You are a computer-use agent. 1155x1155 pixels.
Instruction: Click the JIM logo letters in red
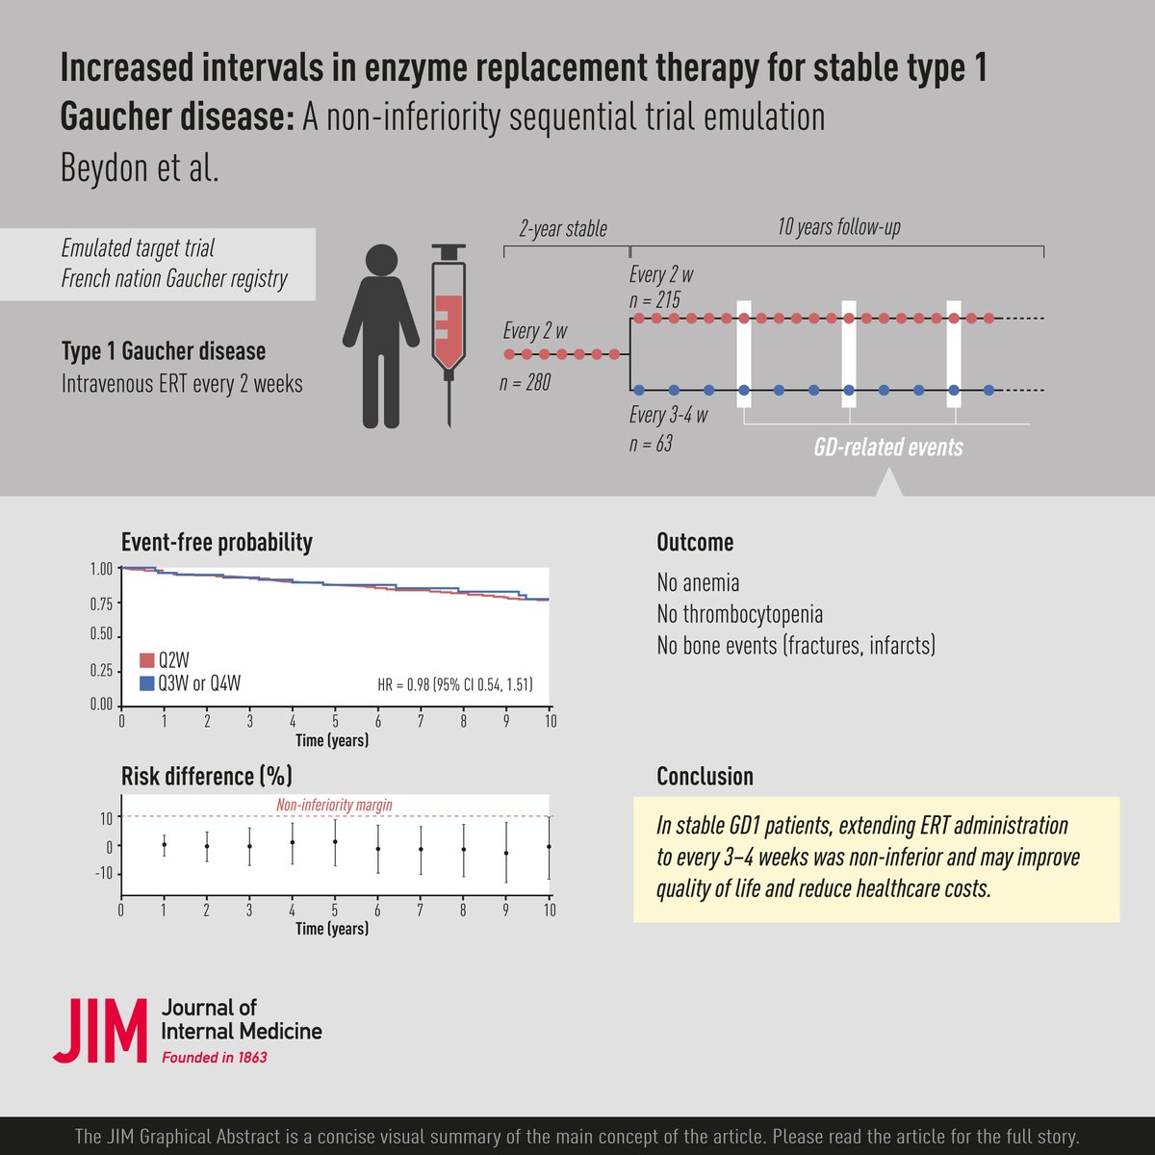100,1031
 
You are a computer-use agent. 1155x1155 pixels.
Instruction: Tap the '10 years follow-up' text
838,228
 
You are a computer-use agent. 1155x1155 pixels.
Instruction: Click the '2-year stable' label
563,229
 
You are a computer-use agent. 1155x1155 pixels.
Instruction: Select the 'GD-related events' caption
886,447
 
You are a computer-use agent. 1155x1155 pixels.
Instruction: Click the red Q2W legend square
147,660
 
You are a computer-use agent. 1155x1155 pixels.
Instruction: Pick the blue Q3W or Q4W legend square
147,683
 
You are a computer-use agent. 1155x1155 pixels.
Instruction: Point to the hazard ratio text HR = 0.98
454,685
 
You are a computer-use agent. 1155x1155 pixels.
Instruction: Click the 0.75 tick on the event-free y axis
101,603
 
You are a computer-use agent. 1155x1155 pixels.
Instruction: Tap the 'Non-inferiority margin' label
334,805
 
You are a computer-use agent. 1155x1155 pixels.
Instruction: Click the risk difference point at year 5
335,842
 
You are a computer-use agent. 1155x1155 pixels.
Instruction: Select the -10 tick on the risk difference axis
102,874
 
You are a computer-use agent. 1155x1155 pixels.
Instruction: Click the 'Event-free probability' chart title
217,543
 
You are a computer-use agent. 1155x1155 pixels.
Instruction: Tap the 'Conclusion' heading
705,777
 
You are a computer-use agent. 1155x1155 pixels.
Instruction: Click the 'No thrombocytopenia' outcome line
739,614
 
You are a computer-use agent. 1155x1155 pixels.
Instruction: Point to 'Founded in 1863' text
214,1057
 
